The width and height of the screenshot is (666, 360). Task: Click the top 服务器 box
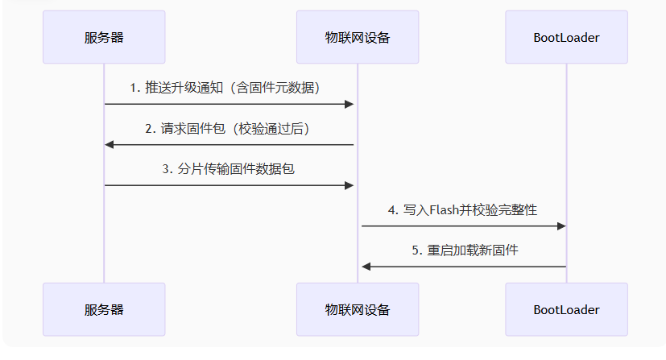pyautogui.click(x=104, y=37)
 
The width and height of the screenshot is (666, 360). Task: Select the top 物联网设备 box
pyautogui.click(x=358, y=37)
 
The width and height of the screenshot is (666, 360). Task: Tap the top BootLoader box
pyautogui.click(x=566, y=37)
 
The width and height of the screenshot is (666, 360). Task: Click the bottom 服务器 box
pyautogui.click(x=104, y=309)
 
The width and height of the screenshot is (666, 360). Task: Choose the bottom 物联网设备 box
pyautogui.click(x=358, y=309)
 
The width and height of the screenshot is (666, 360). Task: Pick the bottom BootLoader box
pyautogui.click(x=566, y=309)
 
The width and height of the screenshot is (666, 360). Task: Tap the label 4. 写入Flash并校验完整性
pyautogui.click(x=462, y=209)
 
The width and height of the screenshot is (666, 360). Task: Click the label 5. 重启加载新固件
pyautogui.click(x=465, y=250)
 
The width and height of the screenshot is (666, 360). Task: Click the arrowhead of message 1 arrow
pyautogui.click(x=350, y=104)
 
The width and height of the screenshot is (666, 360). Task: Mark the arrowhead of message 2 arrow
pyautogui.click(x=110, y=145)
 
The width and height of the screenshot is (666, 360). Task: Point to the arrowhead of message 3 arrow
pyautogui.click(x=350, y=185)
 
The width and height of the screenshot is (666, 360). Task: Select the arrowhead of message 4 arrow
pyautogui.click(x=561, y=226)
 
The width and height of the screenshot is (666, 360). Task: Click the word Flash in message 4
pyautogui.click(x=444, y=209)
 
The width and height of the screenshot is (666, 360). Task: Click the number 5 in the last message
pyautogui.click(x=416, y=250)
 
